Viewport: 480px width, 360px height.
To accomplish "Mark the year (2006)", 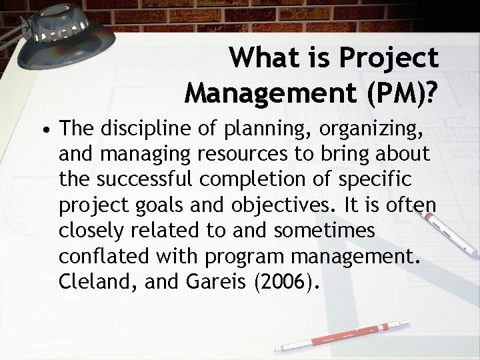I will [283, 282].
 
